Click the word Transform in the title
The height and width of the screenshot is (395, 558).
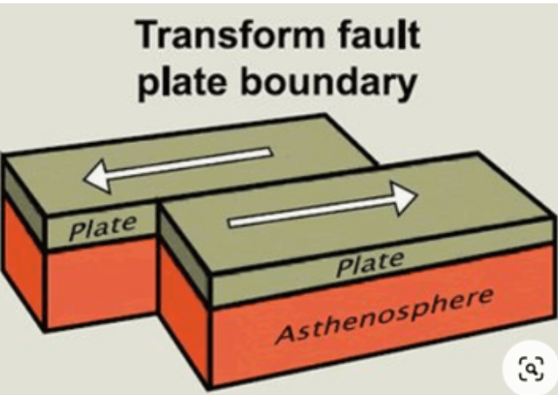(231, 34)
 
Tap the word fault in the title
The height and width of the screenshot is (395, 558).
(379, 34)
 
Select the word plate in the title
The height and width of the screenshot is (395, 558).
(182, 82)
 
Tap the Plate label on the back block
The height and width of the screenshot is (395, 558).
(102, 228)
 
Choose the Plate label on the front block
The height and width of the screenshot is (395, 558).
(370, 264)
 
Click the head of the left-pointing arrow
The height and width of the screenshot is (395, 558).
(97, 177)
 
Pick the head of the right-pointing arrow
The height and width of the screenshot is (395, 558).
(403, 198)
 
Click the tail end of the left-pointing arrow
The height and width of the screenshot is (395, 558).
(270, 152)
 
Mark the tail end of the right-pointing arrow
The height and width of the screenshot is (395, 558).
(231, 223)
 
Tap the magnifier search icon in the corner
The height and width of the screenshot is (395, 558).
(531, 368)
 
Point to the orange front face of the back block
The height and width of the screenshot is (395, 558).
(102, 282)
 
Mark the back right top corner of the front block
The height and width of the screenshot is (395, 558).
(478, 154)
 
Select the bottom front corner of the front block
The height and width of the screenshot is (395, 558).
(210, 387)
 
